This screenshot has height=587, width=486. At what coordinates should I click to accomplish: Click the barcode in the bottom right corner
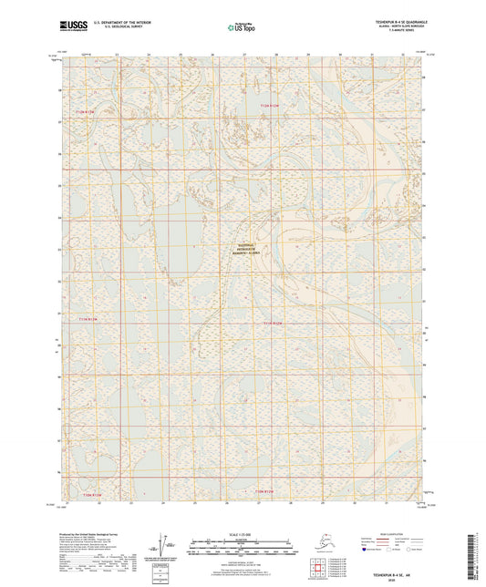coord(478,551)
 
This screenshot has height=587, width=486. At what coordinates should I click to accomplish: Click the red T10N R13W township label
coord(87,492)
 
